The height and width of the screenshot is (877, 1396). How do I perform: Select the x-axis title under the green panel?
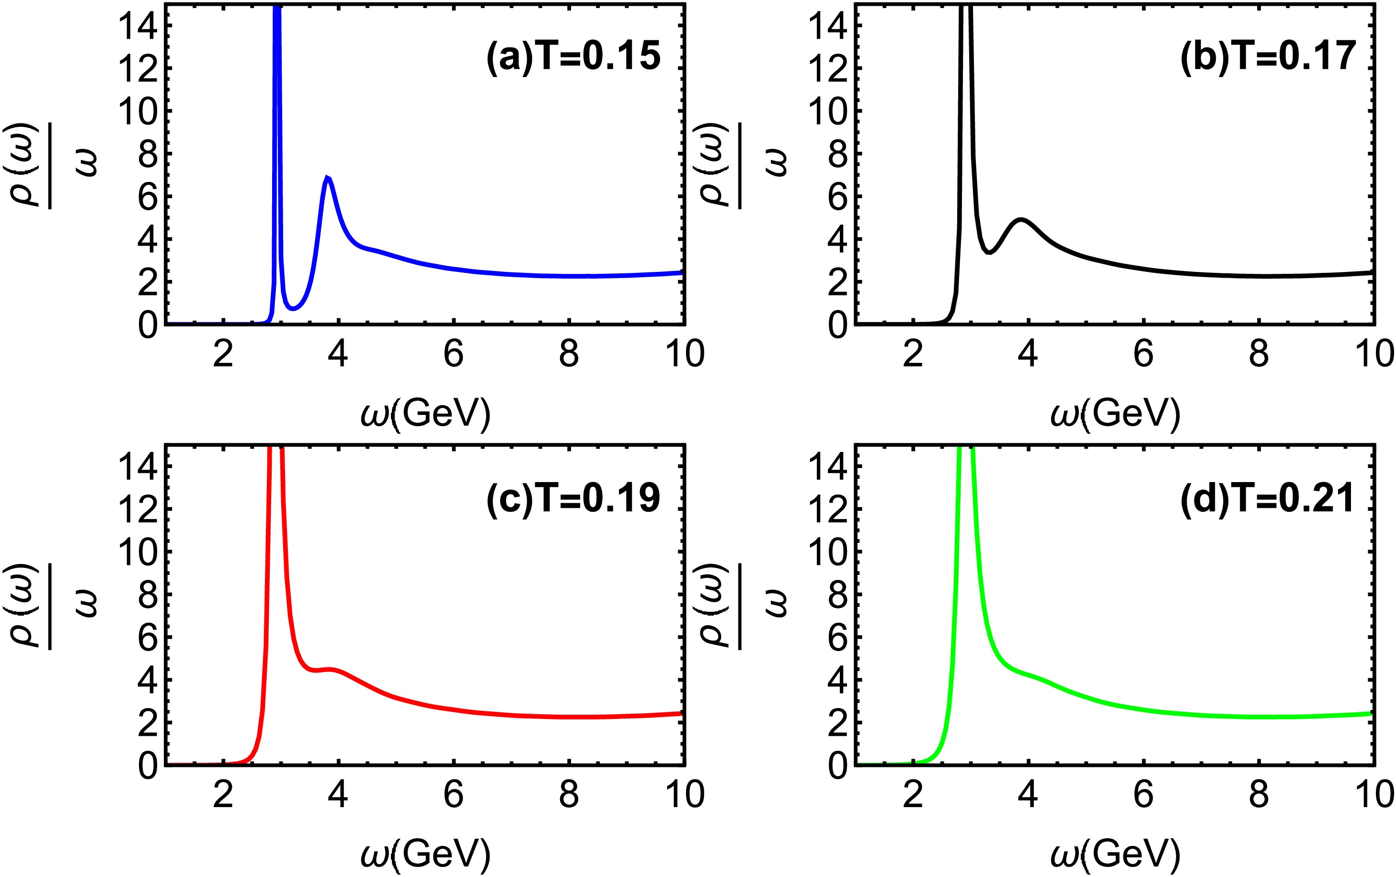tap(1115, 854)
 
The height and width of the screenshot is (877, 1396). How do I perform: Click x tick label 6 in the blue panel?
tap(453, 353)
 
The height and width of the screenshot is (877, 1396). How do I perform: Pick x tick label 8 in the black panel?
tap(1259, 353)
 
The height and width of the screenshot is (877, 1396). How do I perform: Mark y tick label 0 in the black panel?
tap(838, 325)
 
